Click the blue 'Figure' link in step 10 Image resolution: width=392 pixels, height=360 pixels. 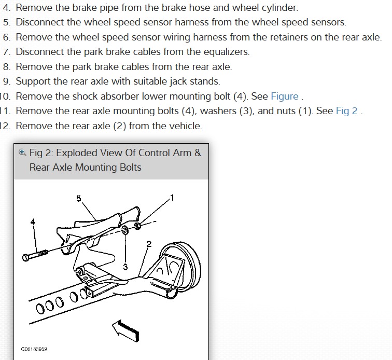point(285,96)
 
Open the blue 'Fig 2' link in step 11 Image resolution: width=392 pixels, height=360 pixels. point(346,111)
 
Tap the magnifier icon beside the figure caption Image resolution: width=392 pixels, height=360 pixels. point(22,153)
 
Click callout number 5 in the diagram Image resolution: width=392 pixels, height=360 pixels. point(79,199)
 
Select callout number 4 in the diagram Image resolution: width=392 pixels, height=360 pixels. point(33,221)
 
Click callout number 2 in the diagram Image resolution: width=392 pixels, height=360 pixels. point(149,244)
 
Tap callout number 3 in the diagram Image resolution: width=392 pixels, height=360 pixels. point(125,267)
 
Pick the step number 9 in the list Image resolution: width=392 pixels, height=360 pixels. point(6,81)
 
